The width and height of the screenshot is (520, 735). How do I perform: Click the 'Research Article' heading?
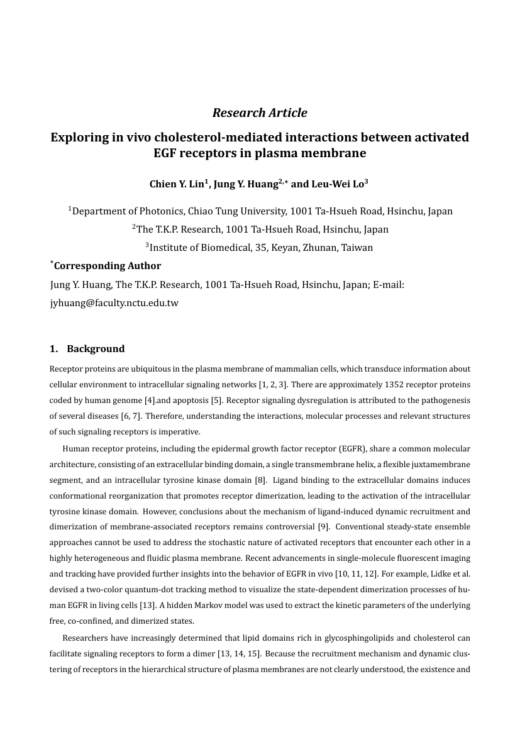[260, 113]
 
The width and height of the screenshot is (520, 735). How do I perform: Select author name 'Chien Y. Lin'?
[175, 184]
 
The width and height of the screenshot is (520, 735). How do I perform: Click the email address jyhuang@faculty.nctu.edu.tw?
[114, 303]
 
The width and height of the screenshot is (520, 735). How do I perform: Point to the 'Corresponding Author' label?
[108, 266]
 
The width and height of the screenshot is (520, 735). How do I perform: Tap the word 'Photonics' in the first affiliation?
[157, 211]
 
